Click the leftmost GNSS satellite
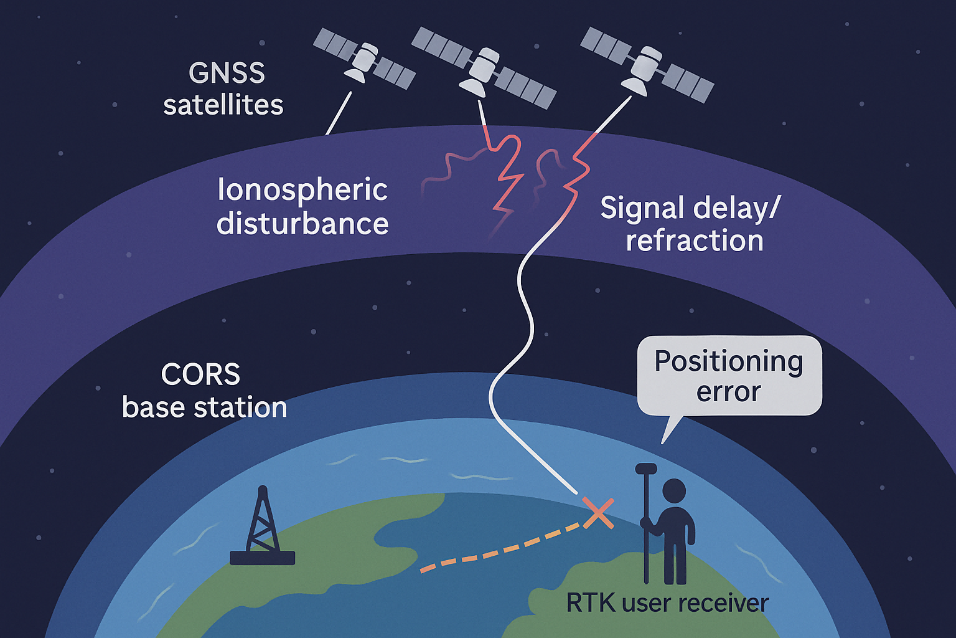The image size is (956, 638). coord(364,59)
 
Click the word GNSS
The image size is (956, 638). coord(227,73)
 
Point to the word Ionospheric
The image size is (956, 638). coord(302,189)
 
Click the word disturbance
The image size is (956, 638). coord(302,223)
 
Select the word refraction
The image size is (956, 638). coord(695,240)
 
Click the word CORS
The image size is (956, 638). coord(200,374)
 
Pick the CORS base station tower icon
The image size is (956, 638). coord(263,526)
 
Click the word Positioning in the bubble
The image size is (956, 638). coord(729,362)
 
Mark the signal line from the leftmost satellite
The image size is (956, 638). coord(339,113)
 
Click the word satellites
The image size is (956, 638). coord(223,105)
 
